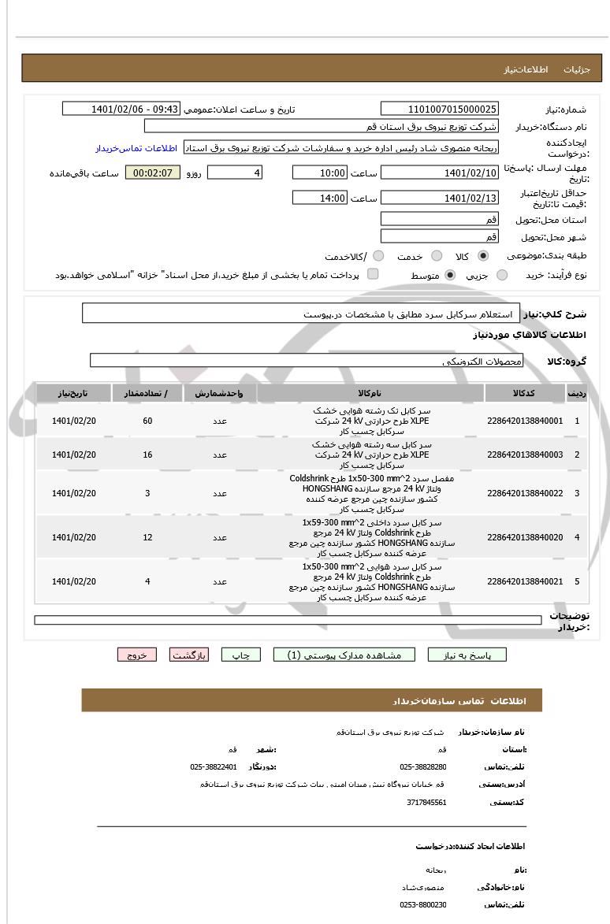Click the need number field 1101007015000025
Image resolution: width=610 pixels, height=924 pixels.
pyautogui.click(x=439, y=109)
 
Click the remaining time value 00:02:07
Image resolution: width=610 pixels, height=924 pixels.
pyautogui.click(x=152, y=173)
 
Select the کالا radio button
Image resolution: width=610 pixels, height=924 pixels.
pyautogui.click(x=483, y=256)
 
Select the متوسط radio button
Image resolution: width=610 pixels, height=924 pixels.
pyautogui.click(x=450, y=275)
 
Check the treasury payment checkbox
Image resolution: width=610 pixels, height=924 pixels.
pyautogui.click(x=373, y=274)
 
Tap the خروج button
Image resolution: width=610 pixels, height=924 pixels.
pyautogui.click(x=137, y=655)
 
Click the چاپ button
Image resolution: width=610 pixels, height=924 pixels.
pyautogui.click(x=240, y=655)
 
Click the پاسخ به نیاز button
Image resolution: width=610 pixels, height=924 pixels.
pyautogui.click(x=467, y=655)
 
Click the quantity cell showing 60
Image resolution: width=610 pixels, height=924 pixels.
pyautogui.click(x=147, y=421)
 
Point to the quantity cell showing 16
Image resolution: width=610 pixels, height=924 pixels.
pyautogui.click(x=147, y=455)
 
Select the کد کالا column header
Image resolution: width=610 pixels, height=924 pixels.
pyautogui.click(x=524, y=392)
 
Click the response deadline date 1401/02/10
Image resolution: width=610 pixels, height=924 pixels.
pyautogui.click(x=439, y=173)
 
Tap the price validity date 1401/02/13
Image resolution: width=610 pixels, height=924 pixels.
pyautogui.click(x=439, y=198)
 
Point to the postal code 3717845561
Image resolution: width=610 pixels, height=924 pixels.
pyautogui.click(x=426, y=803)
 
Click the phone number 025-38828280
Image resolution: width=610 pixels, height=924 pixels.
pyautogui.click(x=423, y=766)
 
